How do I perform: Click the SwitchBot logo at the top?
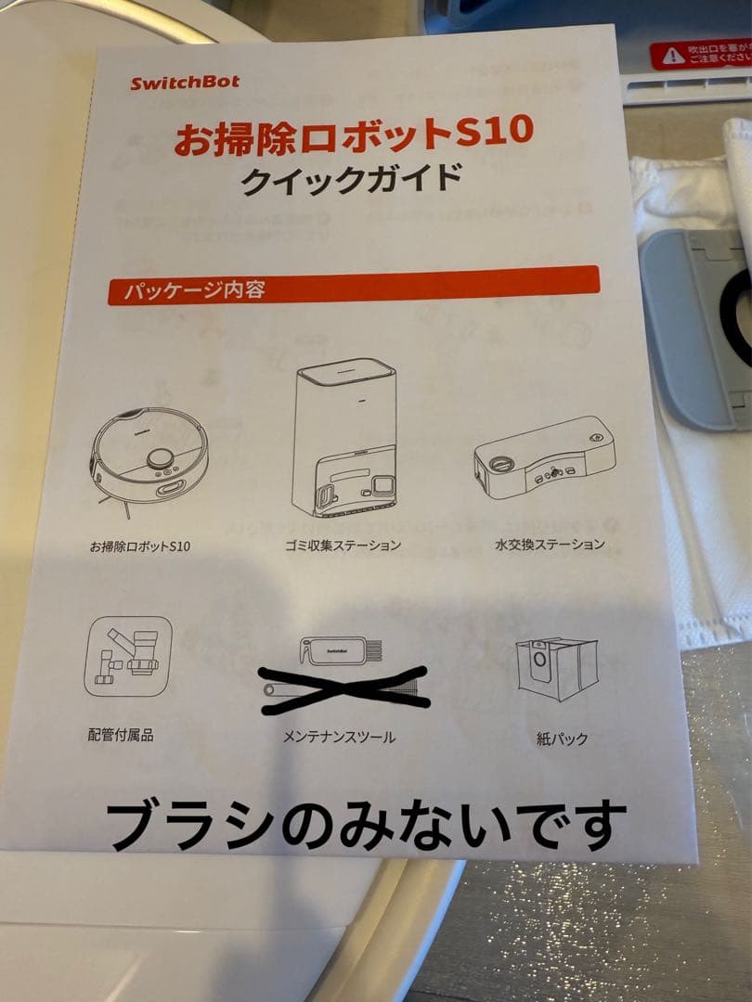point(184,82)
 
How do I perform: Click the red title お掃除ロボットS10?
point(354,134)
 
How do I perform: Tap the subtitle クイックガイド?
point(351,177)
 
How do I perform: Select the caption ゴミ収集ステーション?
point(344,545)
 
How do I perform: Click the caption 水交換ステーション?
point(550,544)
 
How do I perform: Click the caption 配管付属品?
point(121,735)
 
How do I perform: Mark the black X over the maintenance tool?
point(344,689)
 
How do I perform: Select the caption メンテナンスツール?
point(339,737)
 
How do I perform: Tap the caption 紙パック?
point(562,739)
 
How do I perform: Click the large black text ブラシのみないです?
point(366,823)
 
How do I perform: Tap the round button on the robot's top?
point(161,458)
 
